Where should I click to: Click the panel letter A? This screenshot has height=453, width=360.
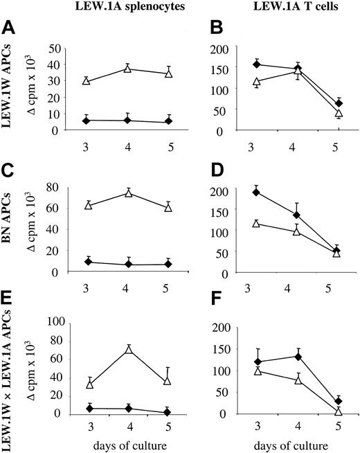[x=10, y=30]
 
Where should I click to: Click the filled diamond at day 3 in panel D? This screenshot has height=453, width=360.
[x=255, y=192]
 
